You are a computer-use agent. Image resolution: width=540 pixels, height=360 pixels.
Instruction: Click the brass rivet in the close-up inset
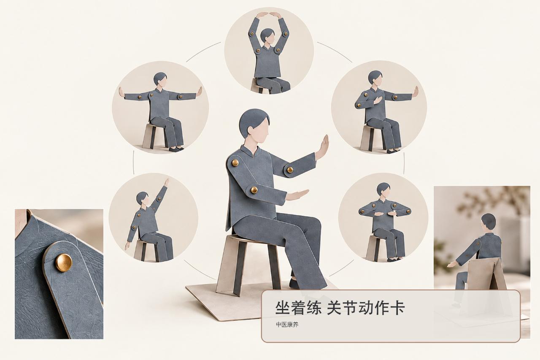[64, 263]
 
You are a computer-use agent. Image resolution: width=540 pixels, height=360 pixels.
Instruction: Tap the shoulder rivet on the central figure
[235, 162]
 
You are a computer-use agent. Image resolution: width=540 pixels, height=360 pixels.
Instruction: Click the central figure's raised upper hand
[322, 147]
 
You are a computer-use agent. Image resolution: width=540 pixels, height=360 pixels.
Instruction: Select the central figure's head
[254, 125]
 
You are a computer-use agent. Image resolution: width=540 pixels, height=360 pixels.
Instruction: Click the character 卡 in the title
[397, 308]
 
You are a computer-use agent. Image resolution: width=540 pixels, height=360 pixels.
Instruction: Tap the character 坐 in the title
[283, 308]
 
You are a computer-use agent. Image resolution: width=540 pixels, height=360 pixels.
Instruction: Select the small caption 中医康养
[287, 325]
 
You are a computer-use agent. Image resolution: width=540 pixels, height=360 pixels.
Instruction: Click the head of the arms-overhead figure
[267, 36]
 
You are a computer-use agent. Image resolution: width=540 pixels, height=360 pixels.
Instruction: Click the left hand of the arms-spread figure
[121, 92]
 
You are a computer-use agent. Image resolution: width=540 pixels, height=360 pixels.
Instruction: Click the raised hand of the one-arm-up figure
[167, 182]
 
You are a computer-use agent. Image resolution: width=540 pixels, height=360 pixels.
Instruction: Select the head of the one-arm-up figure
[143, 199]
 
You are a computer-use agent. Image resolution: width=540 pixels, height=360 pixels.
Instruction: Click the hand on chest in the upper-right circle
[378, 100]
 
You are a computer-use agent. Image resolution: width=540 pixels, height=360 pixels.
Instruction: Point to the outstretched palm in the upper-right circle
[415, 92]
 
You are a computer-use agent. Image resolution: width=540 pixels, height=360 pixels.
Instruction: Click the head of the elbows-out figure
[383, 189]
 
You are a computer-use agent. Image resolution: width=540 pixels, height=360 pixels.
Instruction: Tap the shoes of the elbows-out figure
[394, 260]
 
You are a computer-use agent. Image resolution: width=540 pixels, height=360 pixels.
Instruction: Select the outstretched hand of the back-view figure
[452, 265]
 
